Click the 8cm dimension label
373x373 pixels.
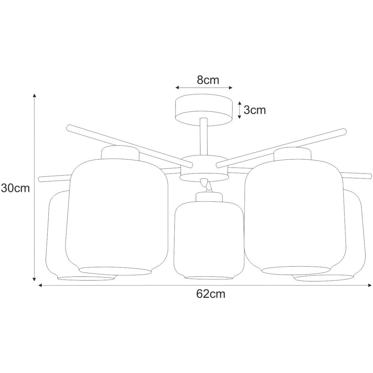208,80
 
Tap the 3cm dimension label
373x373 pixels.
255,110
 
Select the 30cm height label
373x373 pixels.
15,188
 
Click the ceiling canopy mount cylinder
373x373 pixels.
203,110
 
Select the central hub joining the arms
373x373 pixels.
204,168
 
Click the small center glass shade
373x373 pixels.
209,240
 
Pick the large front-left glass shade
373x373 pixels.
117,217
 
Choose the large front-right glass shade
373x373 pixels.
295,217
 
